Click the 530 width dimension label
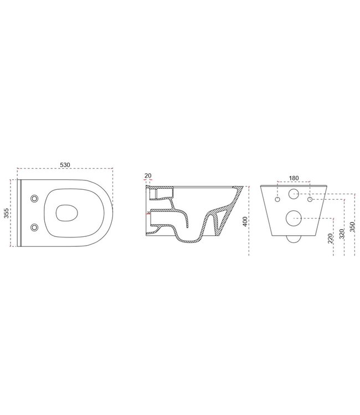click(x=65, y=165)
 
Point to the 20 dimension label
click(x=147, y=176)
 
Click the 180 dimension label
click(x=294, y=178)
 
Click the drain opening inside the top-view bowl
click(x=65, y=212)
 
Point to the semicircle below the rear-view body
click(x=294, y=238)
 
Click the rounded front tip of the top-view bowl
click(x=111, y=212)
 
